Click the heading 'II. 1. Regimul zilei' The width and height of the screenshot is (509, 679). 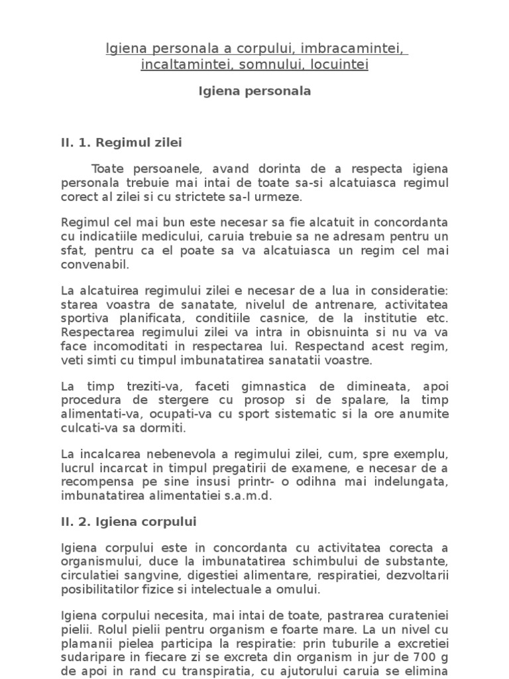(121, 143)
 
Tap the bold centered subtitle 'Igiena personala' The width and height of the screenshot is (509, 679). (254, 91)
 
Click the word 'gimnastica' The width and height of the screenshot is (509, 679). (290, 387)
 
